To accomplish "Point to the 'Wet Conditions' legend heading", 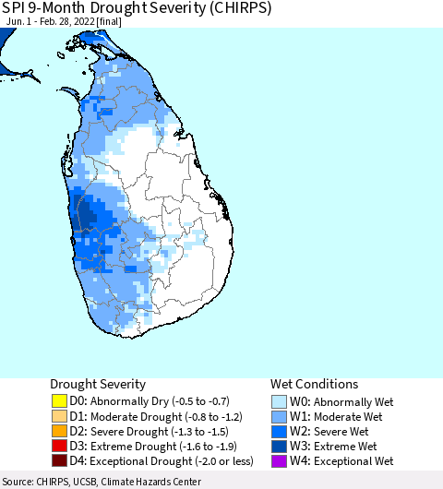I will tap(314, 384).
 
